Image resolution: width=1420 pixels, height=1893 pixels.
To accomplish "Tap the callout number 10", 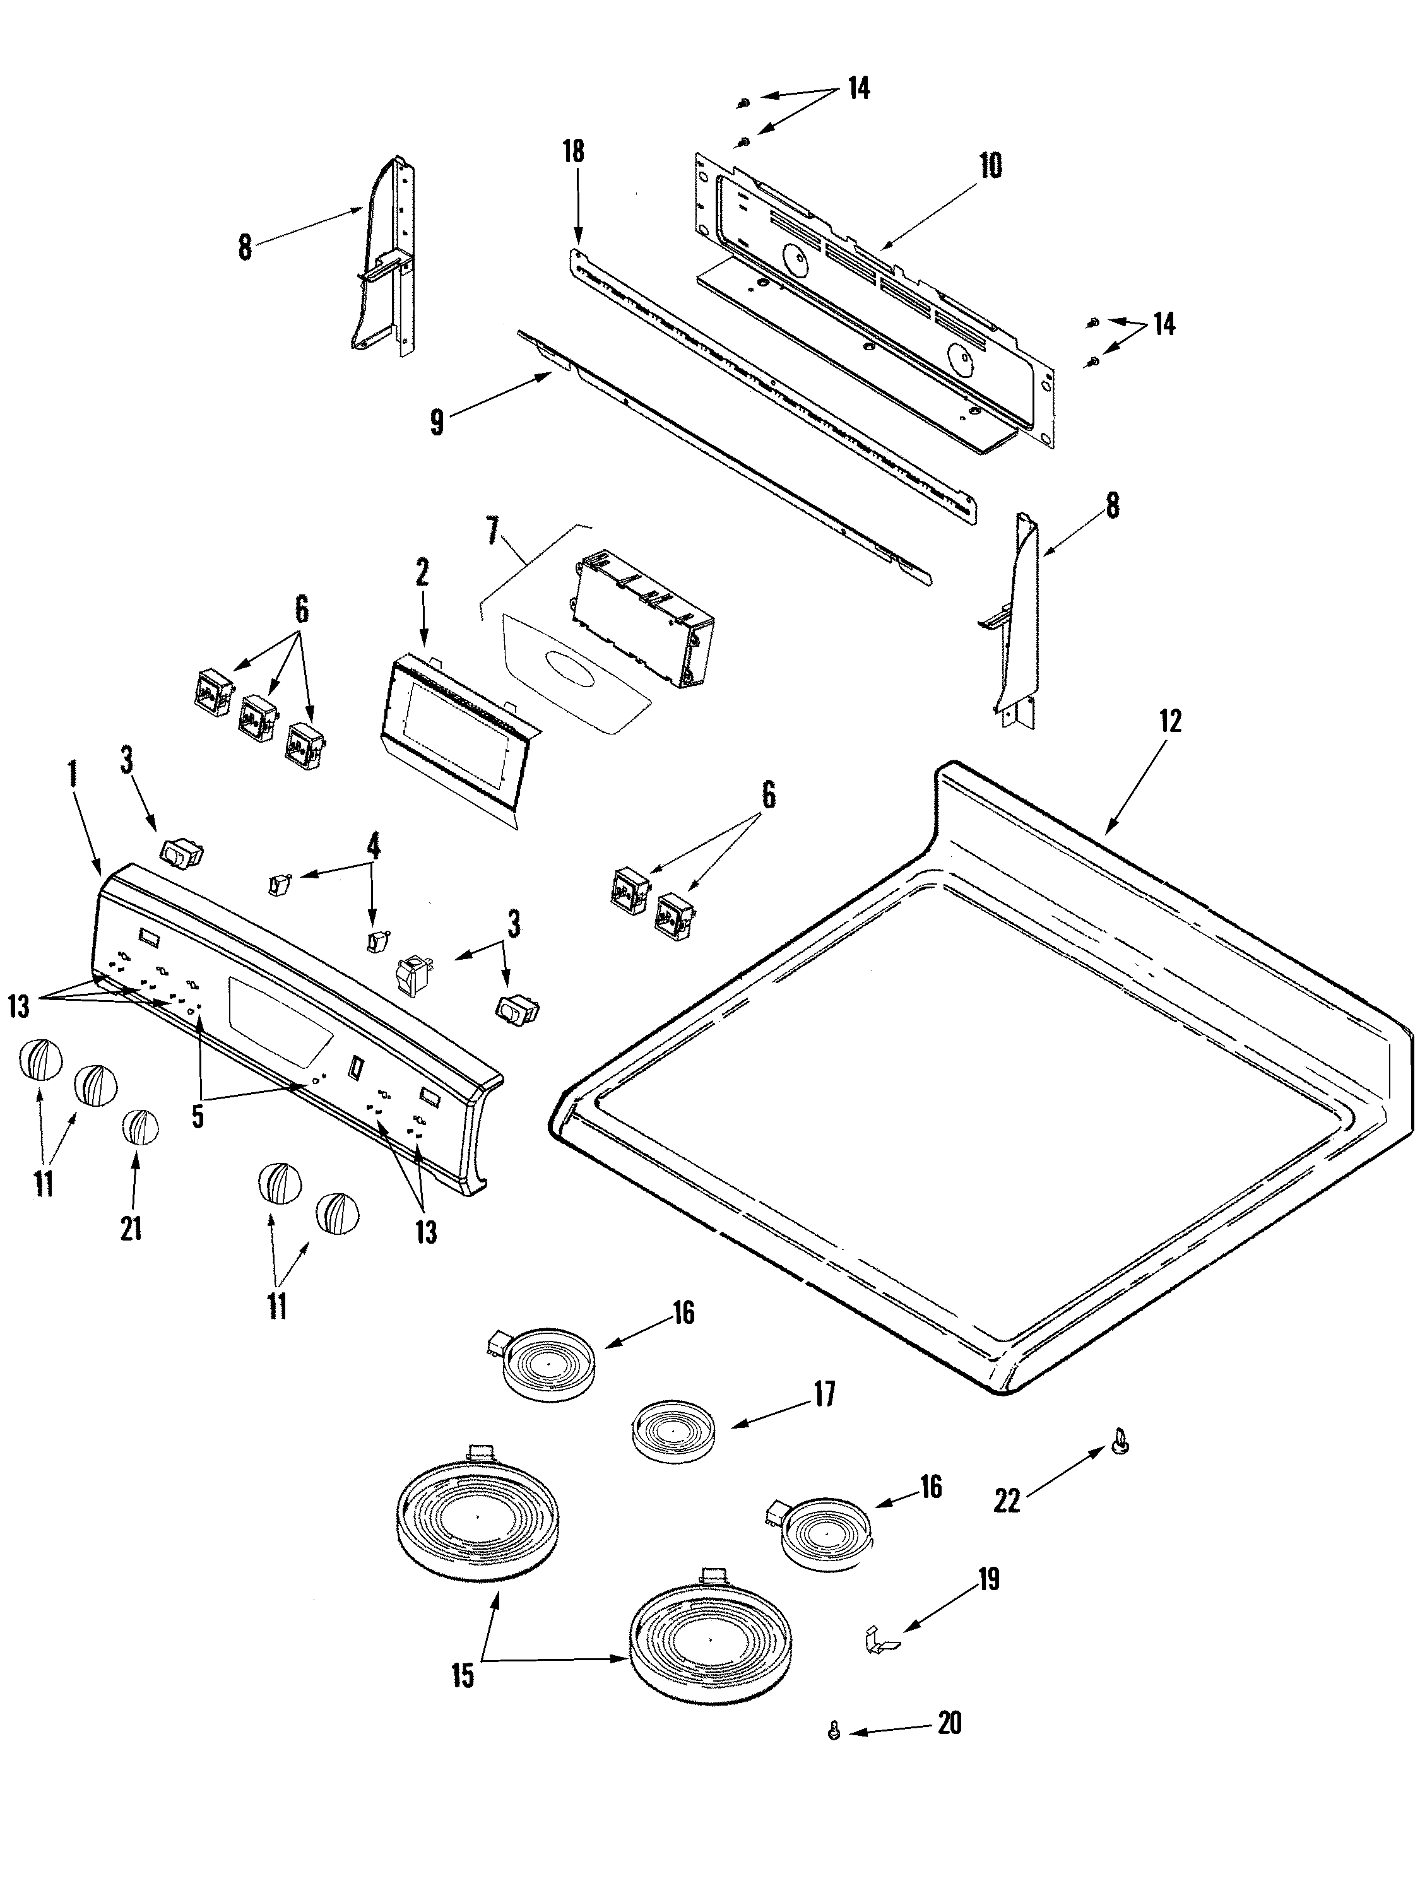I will pos(990,166).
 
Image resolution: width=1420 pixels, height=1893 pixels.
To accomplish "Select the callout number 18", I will pos(574,151).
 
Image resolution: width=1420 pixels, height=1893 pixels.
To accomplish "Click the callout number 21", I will pos(131,1229).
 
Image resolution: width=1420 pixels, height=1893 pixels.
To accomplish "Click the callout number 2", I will pos(422,572).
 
